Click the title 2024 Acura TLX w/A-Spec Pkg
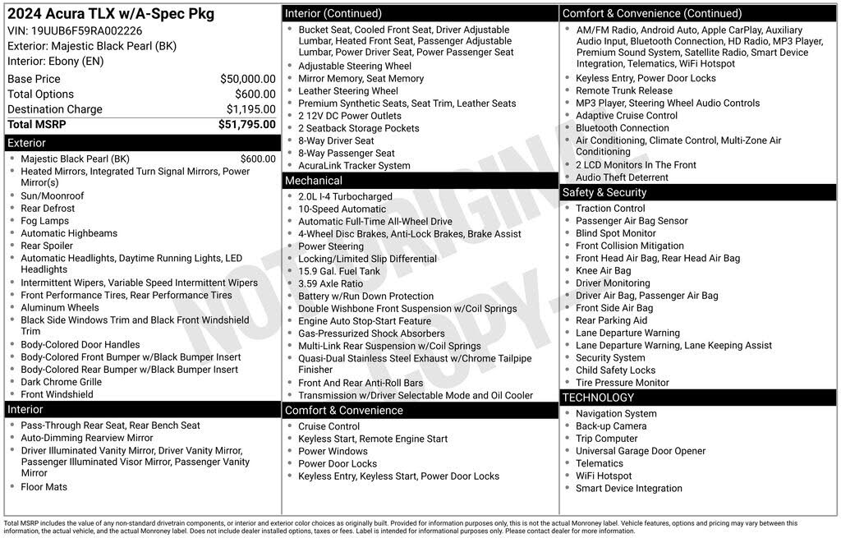tap(110, 14)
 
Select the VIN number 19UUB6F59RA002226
tap(86, 31)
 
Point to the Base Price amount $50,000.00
tap(247, 79)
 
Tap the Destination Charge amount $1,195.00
tap(250, 109)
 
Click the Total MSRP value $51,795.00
tap(246, 125)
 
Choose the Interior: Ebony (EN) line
tap(56, 62)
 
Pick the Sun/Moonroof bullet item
tap(53, 196)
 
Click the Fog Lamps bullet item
tap(45, 221)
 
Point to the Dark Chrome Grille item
tap(62, 382)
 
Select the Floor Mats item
tap(44, 487)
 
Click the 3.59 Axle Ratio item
tap(330, 283)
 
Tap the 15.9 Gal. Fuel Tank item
tap(339, 271)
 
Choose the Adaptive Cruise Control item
tap(627, 116)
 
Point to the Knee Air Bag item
tap(604, 270)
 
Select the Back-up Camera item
tap(611, 426)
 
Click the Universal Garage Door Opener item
tap(641, 451)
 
